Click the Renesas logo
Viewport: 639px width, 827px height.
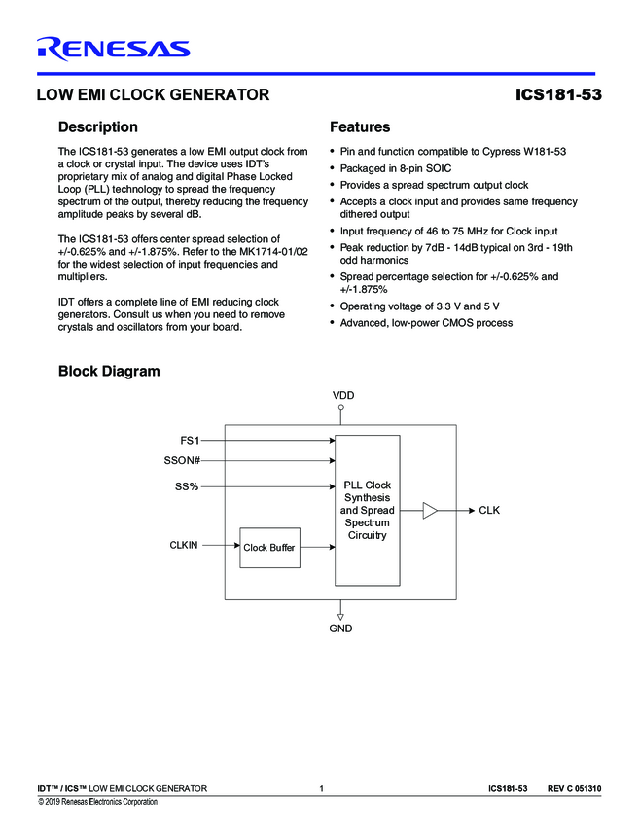tap(113, 48)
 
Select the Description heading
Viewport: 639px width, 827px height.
tap(98, 127)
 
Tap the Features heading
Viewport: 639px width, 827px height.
tap(360, 127)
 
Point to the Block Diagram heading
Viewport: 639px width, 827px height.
tap(109, 371)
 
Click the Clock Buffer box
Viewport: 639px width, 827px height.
tap(269, 548)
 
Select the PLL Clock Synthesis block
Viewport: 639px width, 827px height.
tap(367, 510)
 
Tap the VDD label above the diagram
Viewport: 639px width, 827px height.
tap(342, 395)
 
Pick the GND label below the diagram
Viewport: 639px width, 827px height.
tap(340, 629)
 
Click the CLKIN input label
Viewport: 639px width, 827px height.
tap(183, 546)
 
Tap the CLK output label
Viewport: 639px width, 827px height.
tap(489, 510)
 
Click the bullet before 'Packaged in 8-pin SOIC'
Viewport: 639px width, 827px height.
tap(334, 168)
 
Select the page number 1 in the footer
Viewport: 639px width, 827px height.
tap(320, 787)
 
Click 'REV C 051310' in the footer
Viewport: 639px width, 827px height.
tap(574, 787)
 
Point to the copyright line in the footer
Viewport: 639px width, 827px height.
tap(97, 802)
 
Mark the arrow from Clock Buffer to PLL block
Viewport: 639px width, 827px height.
tap(316, 548)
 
